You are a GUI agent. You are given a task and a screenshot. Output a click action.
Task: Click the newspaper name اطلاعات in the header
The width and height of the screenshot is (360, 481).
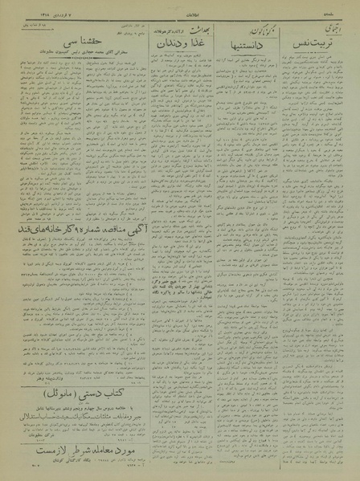click(182, 12)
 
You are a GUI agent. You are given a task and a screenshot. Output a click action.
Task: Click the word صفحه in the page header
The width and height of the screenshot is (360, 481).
click(337, 12)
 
